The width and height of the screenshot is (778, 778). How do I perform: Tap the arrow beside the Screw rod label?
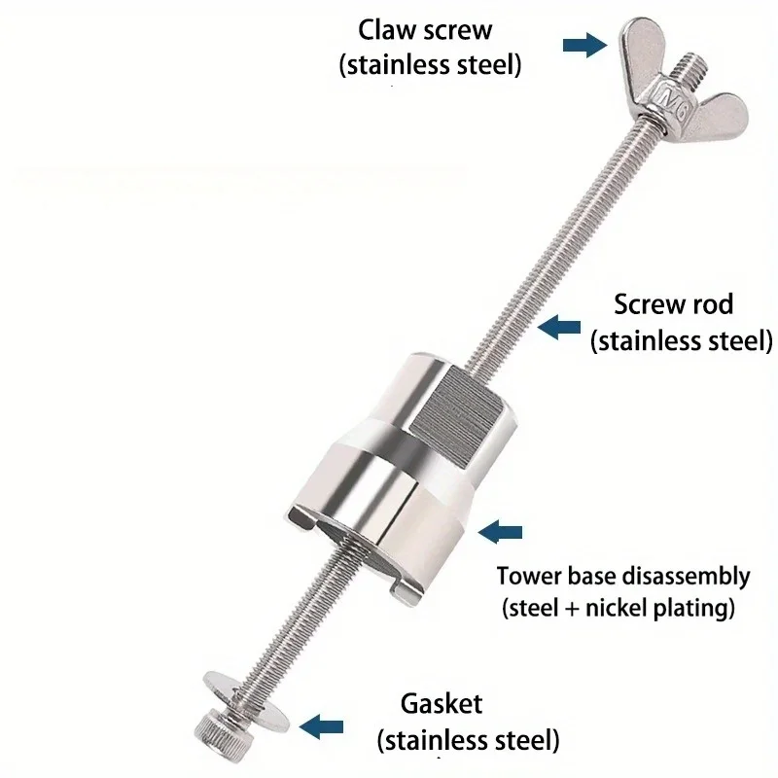pos(560,328)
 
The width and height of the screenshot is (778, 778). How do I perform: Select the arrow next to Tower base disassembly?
pos(502,531)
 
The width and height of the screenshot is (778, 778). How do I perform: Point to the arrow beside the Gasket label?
pos(322,725)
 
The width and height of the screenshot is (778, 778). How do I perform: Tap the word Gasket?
pos(442,702)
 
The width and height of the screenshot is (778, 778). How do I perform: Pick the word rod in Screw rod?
pos(713,304)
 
